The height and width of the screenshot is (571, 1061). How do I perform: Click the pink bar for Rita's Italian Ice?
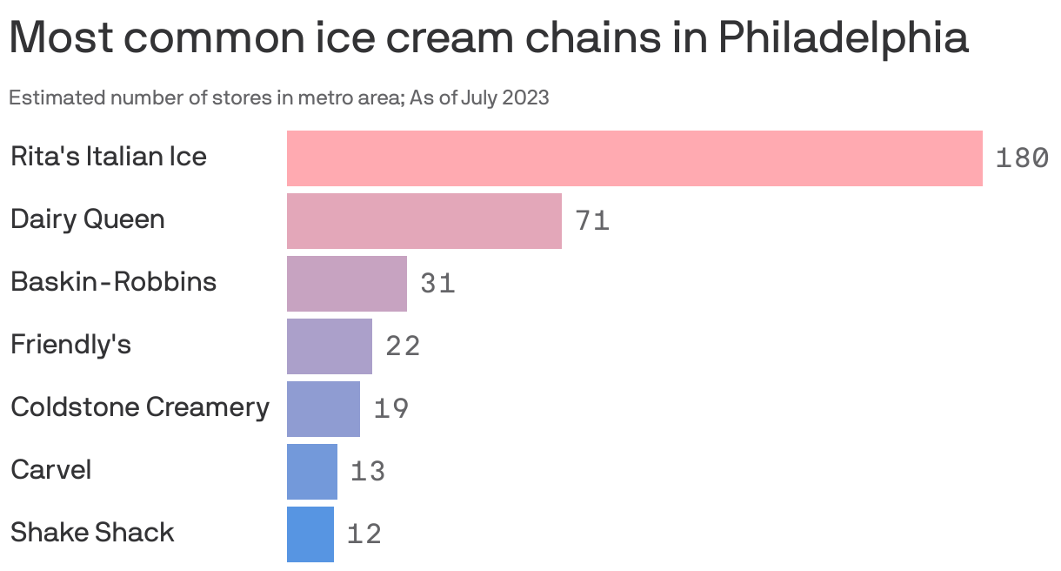pyautogui.click(x=634, y=158)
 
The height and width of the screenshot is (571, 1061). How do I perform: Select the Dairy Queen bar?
pyautogui.click(x=424, y=221)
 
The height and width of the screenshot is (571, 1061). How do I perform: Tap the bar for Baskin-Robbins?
pyautogui.click(x=346, y=284)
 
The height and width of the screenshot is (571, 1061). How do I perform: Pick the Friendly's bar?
pyautogui.click(x=329, y=346)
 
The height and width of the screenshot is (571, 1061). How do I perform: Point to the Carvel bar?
pyautogui.click(x=311, y=472)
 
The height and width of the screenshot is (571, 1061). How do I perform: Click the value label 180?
pyautogui.click(x=1021, y=158)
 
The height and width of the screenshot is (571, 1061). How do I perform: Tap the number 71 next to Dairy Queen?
pyautogui.click(x=592, y=221)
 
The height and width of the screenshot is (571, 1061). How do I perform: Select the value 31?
pyautogui.click(x=437, y=284)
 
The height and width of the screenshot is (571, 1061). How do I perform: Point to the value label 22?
pyautogui.click(x=403, y=346)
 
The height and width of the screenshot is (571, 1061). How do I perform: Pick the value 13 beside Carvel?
pyautogui.click(x=368, y=472)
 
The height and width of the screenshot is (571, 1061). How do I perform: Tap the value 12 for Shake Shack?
pyautogui.click(x=364, y=534)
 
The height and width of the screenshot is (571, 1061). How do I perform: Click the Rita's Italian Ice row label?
pyautogui.click(x=108, y=157)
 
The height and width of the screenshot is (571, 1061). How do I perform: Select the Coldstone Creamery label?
pyautogui.click(x=139, y=407)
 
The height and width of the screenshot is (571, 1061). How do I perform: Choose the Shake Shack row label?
pyautogui.click(x=92, y=533)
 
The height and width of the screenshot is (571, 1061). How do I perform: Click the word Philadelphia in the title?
pyautogui.click(x=843, y=38)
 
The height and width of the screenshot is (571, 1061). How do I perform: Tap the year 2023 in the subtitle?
pyautogui.click(x=526, y=97)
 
